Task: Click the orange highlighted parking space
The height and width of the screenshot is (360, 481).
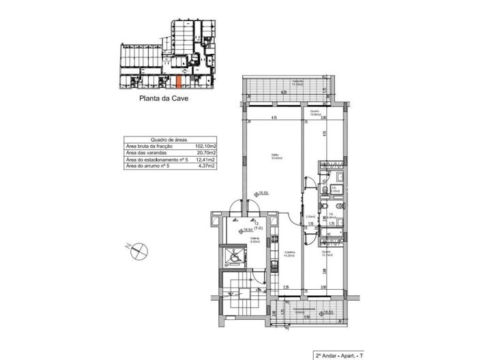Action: tap(179, 81)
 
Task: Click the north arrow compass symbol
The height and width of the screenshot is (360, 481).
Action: tap(139, 251)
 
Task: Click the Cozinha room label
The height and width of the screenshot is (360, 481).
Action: tap(290, 254)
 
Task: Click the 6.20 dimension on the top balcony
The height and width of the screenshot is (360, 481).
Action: tap(283, 92)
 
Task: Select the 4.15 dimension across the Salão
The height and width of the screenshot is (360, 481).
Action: tap(273, 120)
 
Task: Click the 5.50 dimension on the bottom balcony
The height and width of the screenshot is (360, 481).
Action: tap(306, 318)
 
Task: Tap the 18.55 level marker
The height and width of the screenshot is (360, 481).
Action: tap(259, 193)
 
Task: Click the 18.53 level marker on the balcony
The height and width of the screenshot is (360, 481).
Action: tap(330, 313)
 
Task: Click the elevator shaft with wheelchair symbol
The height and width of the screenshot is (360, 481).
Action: tap(235, 258)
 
